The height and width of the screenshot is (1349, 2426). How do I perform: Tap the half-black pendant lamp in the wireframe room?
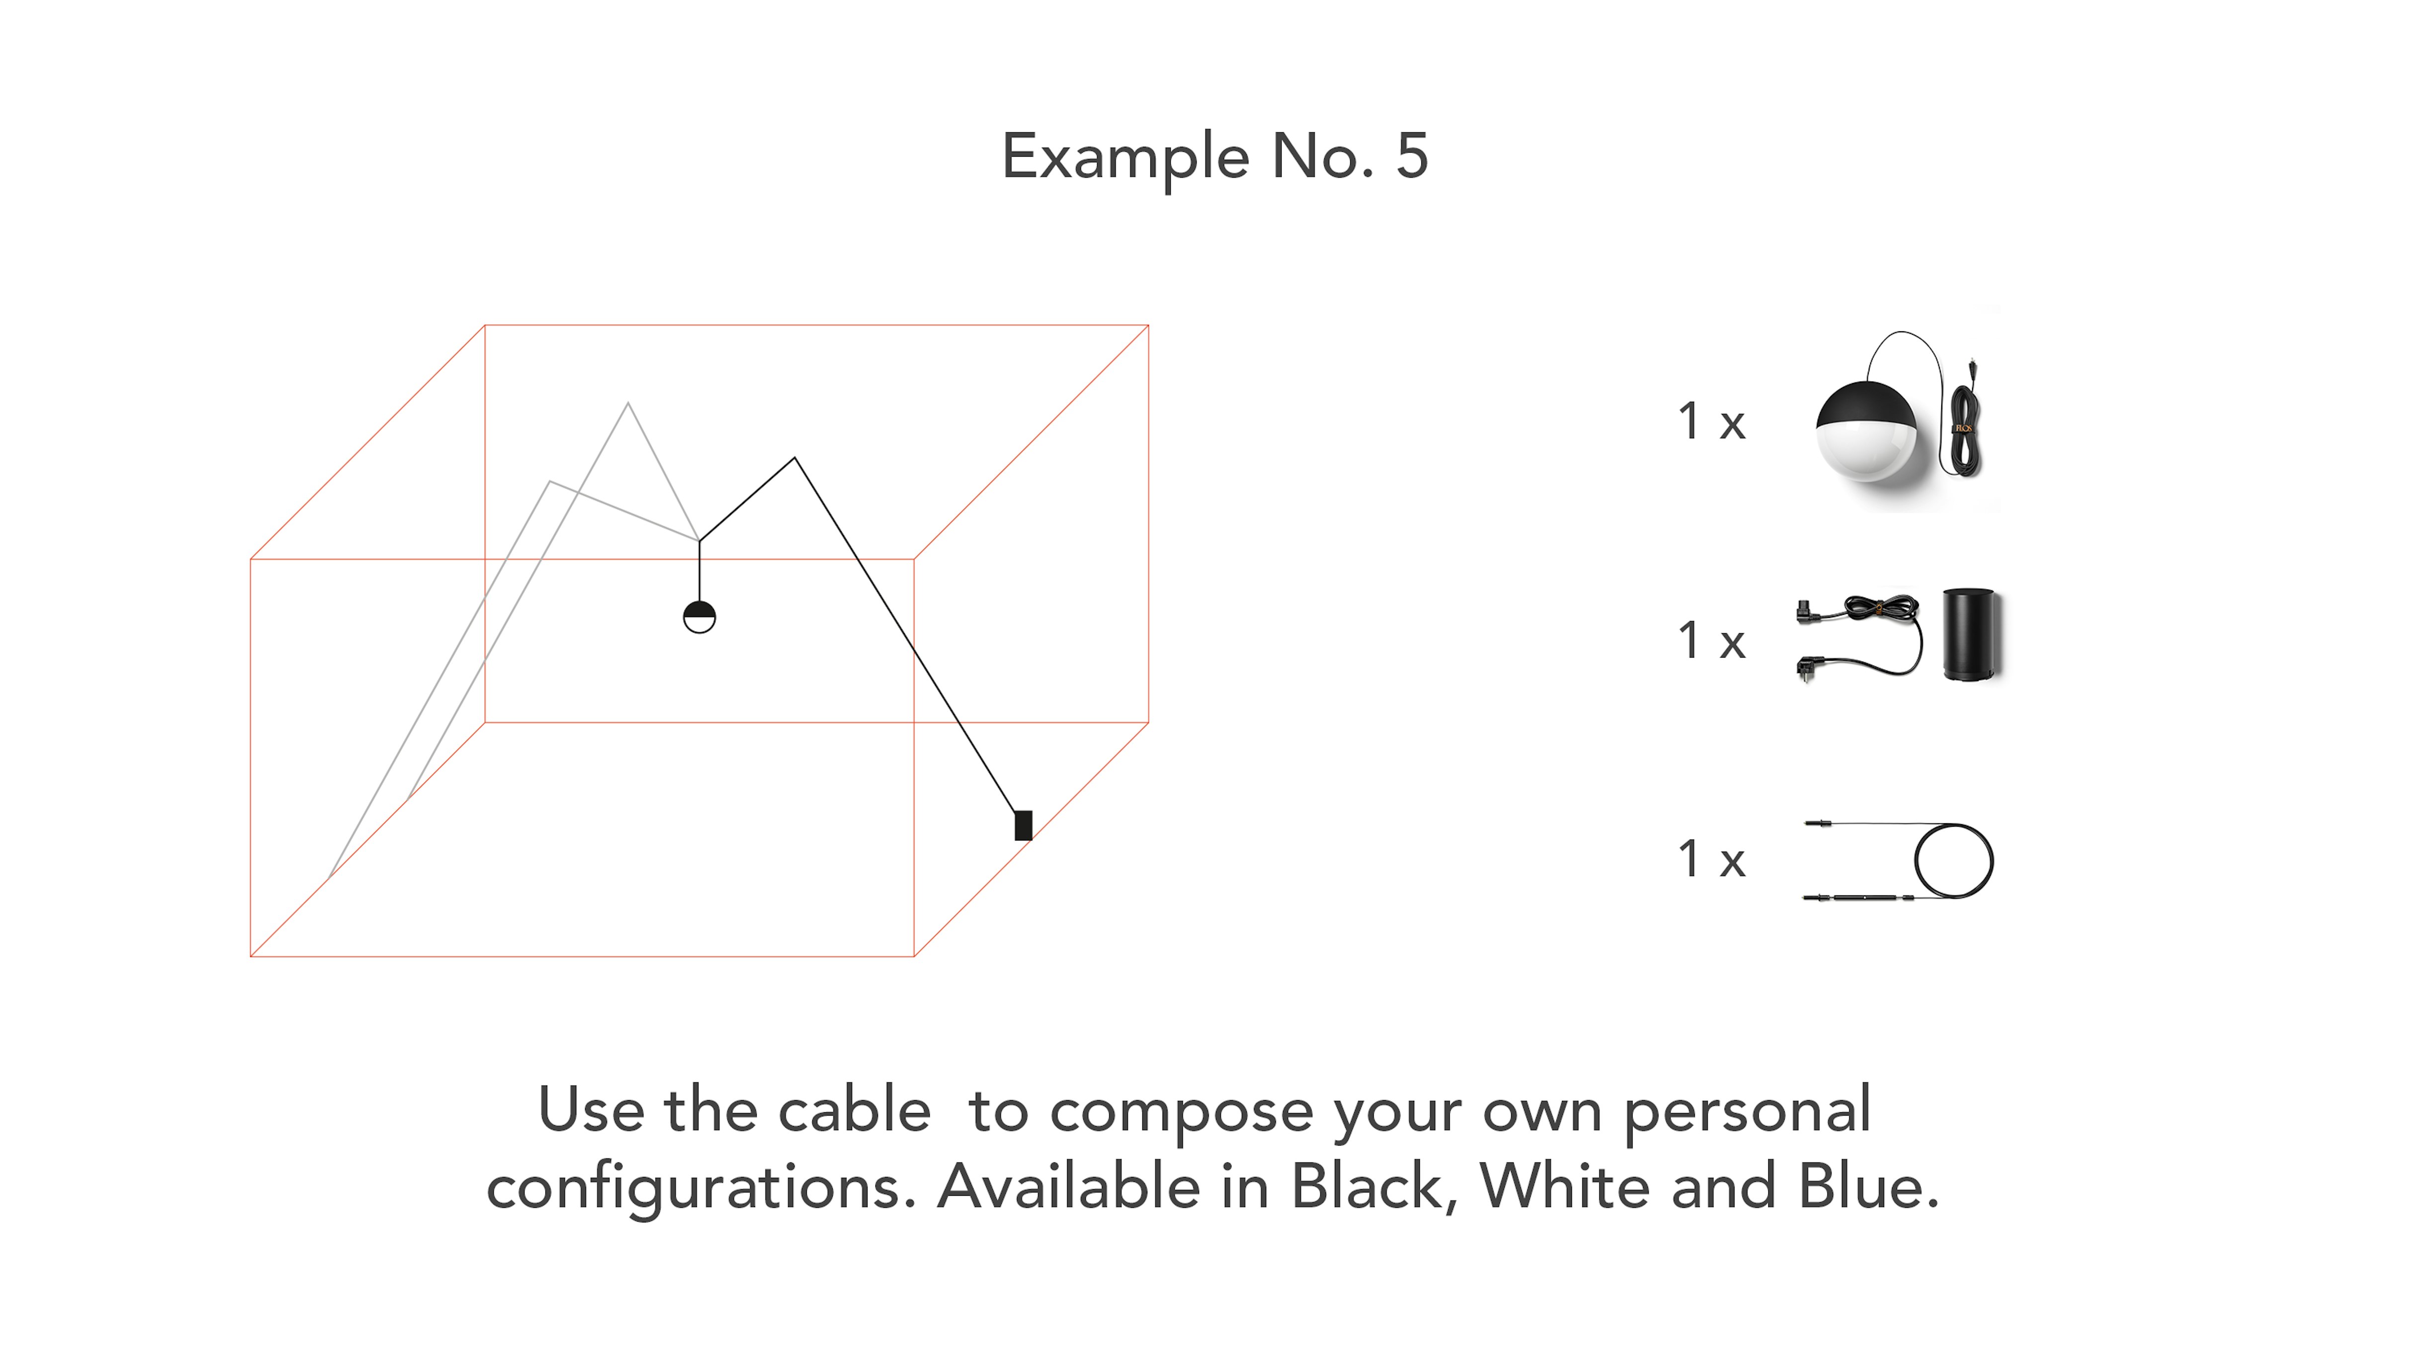point(699,617)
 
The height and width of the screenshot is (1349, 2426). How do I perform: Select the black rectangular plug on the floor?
point(1023,825)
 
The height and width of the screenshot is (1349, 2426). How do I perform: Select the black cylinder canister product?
point(1970,635)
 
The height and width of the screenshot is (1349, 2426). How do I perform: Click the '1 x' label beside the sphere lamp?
point(1711,421)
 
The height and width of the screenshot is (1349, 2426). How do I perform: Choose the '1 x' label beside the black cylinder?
point(1711,641)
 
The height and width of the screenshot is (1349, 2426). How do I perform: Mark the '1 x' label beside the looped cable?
point(1711,859)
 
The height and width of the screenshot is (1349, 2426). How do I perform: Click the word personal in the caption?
point(1747,1114)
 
